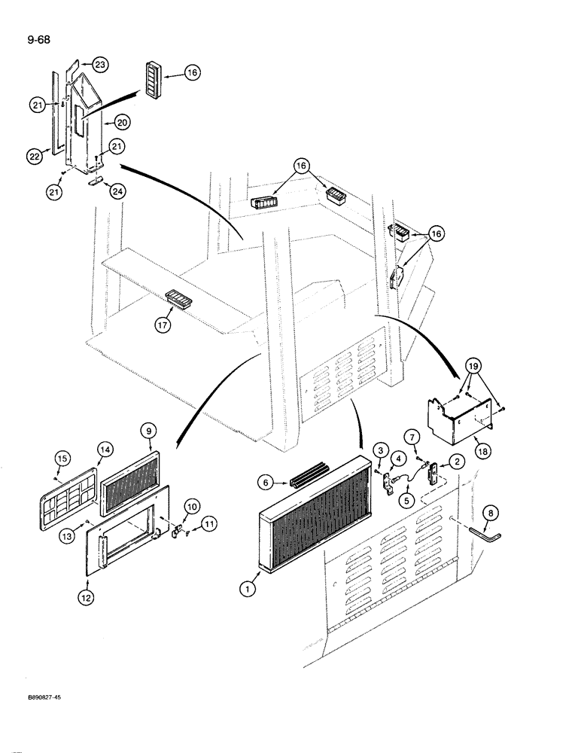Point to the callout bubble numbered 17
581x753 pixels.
click(x=163, y=325)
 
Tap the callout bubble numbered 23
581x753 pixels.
click(x=100, y=66)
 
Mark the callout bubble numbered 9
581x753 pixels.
click(x=148, y=432)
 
